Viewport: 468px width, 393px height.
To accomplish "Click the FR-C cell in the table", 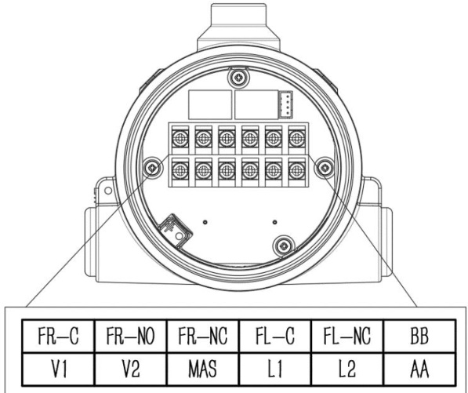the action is click(58, 336).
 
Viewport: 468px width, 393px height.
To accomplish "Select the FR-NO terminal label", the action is click(130, 336).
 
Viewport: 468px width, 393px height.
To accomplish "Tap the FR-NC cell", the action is click(203, 336).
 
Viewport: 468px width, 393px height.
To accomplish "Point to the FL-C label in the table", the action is click(275, 336).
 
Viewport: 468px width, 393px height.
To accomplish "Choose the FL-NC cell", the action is click(347, 336).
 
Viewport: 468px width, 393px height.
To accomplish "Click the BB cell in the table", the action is click(419, 336).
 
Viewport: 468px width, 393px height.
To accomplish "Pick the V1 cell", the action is click(58, 369).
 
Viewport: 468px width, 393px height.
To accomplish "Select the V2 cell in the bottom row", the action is click(130, 369).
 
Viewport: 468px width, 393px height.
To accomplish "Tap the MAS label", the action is click(203, 369).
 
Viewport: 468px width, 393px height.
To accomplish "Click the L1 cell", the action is click(275, 369).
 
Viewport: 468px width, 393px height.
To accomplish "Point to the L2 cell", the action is click(347, 369).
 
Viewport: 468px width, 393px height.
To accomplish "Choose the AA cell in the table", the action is click(419, 369).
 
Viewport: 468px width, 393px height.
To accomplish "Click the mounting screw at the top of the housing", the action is click(238, 78).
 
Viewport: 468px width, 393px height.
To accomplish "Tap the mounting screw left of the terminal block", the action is click(153, 168).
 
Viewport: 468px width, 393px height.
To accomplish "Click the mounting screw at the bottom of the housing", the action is click(283, 246).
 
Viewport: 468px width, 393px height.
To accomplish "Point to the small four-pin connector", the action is click(285, 104).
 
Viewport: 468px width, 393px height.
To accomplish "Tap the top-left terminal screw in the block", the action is click(180, 139).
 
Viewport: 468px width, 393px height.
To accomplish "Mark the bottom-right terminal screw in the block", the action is click(296, 170).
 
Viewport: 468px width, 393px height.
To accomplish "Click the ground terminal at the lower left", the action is click(175, 231).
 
